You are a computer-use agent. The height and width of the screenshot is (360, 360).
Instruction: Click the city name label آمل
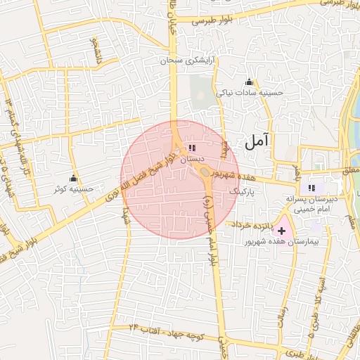259,143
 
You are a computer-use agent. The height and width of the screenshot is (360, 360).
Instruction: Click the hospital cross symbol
282,230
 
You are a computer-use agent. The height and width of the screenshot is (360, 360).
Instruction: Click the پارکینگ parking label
244,191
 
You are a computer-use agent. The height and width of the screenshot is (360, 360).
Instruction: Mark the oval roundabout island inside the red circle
205,172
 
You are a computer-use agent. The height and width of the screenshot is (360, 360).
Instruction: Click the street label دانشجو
92,51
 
